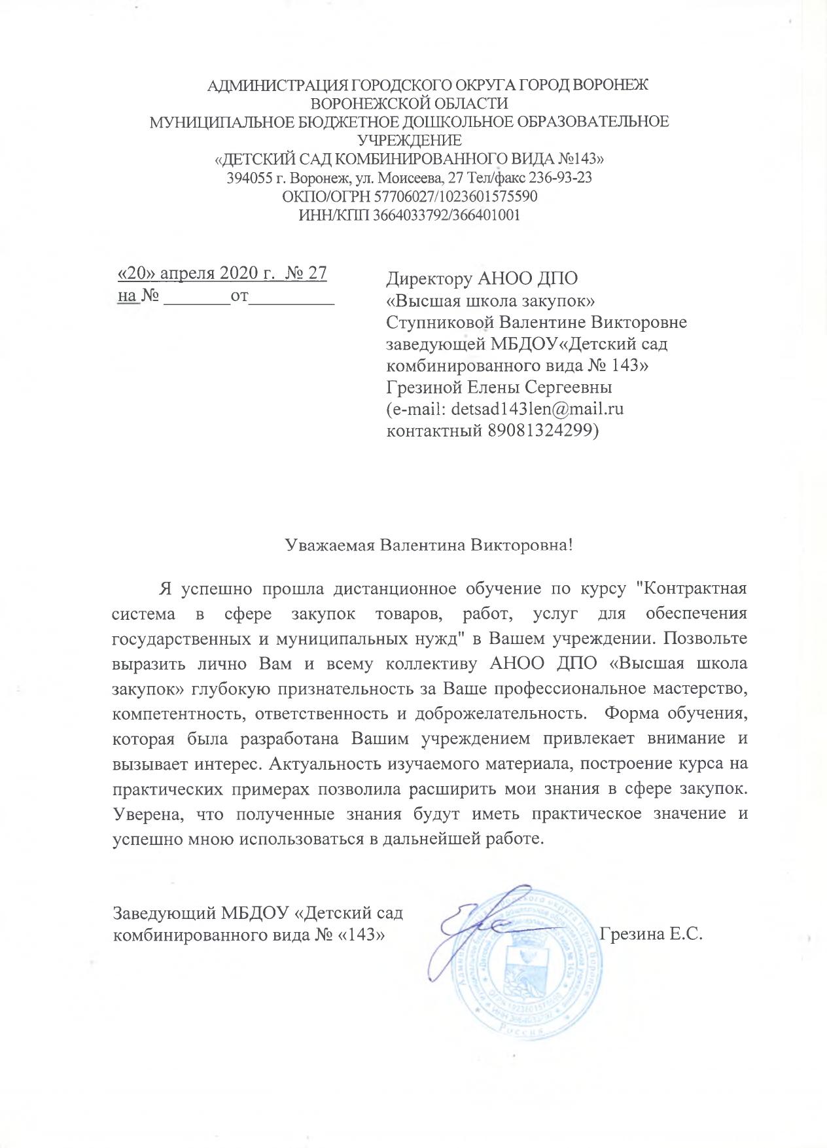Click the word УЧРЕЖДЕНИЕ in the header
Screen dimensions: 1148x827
click(x=409, y=140)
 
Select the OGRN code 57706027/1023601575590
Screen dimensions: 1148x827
click(x=441, y=196)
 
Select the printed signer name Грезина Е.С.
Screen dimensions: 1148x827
click(x=650, y=934)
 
